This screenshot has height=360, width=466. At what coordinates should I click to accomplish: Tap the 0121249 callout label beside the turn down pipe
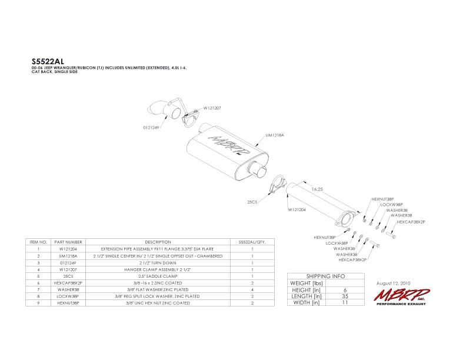click(152, 126)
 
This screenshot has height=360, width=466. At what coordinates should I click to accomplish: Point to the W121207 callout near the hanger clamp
click(212, 108)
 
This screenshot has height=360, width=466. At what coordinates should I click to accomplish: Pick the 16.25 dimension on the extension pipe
click(318, 189)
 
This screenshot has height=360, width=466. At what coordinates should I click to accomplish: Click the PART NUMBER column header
click(68, 242)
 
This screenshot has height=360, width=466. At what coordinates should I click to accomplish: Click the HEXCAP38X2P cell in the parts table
click(68, 282)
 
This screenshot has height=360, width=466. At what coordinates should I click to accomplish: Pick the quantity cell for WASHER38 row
click(252, 289)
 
